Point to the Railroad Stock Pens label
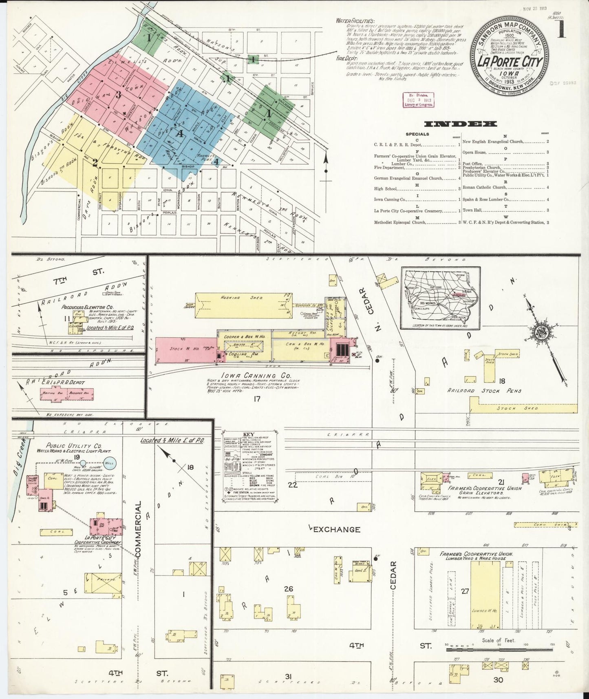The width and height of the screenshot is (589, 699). click(479, 391)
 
